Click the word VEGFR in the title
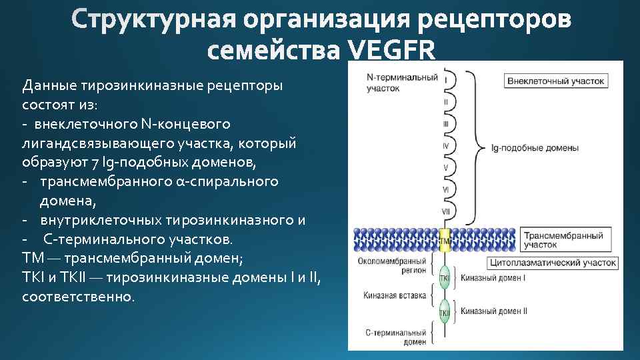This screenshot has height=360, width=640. point(391,51)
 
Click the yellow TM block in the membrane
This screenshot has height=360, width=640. point(445,239)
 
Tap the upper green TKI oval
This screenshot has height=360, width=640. point(445,277)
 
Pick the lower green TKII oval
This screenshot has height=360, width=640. point(445,311)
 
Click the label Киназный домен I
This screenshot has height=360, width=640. point(493,277)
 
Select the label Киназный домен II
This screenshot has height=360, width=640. point(494,311)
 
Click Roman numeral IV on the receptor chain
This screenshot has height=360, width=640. point(445,145)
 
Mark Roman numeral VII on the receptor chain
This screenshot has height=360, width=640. point(445,211)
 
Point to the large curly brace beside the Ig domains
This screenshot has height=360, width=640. point(475,146)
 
